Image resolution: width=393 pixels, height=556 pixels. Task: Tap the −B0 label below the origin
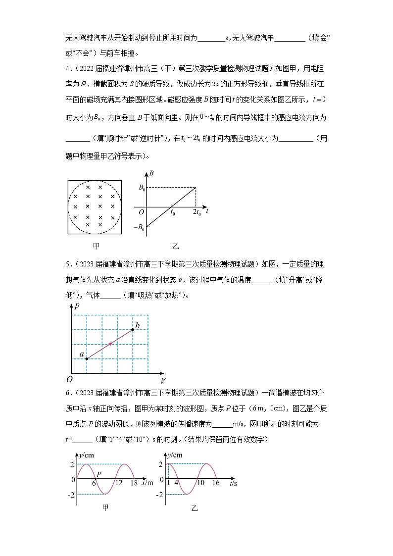tap(140, 228)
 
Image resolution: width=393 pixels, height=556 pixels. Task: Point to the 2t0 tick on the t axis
tap(196, 212)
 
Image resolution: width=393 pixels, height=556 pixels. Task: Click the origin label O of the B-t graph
tap(141, 212)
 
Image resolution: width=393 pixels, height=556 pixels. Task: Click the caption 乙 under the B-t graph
tap(175, 246)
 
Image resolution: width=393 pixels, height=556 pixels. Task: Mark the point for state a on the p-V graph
tap(87, 358)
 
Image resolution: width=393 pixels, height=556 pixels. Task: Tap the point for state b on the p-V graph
tap(133, 329)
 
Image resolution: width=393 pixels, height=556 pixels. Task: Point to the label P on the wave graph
tap(99, 474)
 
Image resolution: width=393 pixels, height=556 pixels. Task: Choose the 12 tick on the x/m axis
tap(119, 482)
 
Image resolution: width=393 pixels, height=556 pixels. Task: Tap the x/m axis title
tap(147, 482)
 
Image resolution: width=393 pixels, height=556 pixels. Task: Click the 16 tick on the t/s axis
tap(215, 482)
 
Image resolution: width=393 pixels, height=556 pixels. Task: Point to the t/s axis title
tap(232, 482)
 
